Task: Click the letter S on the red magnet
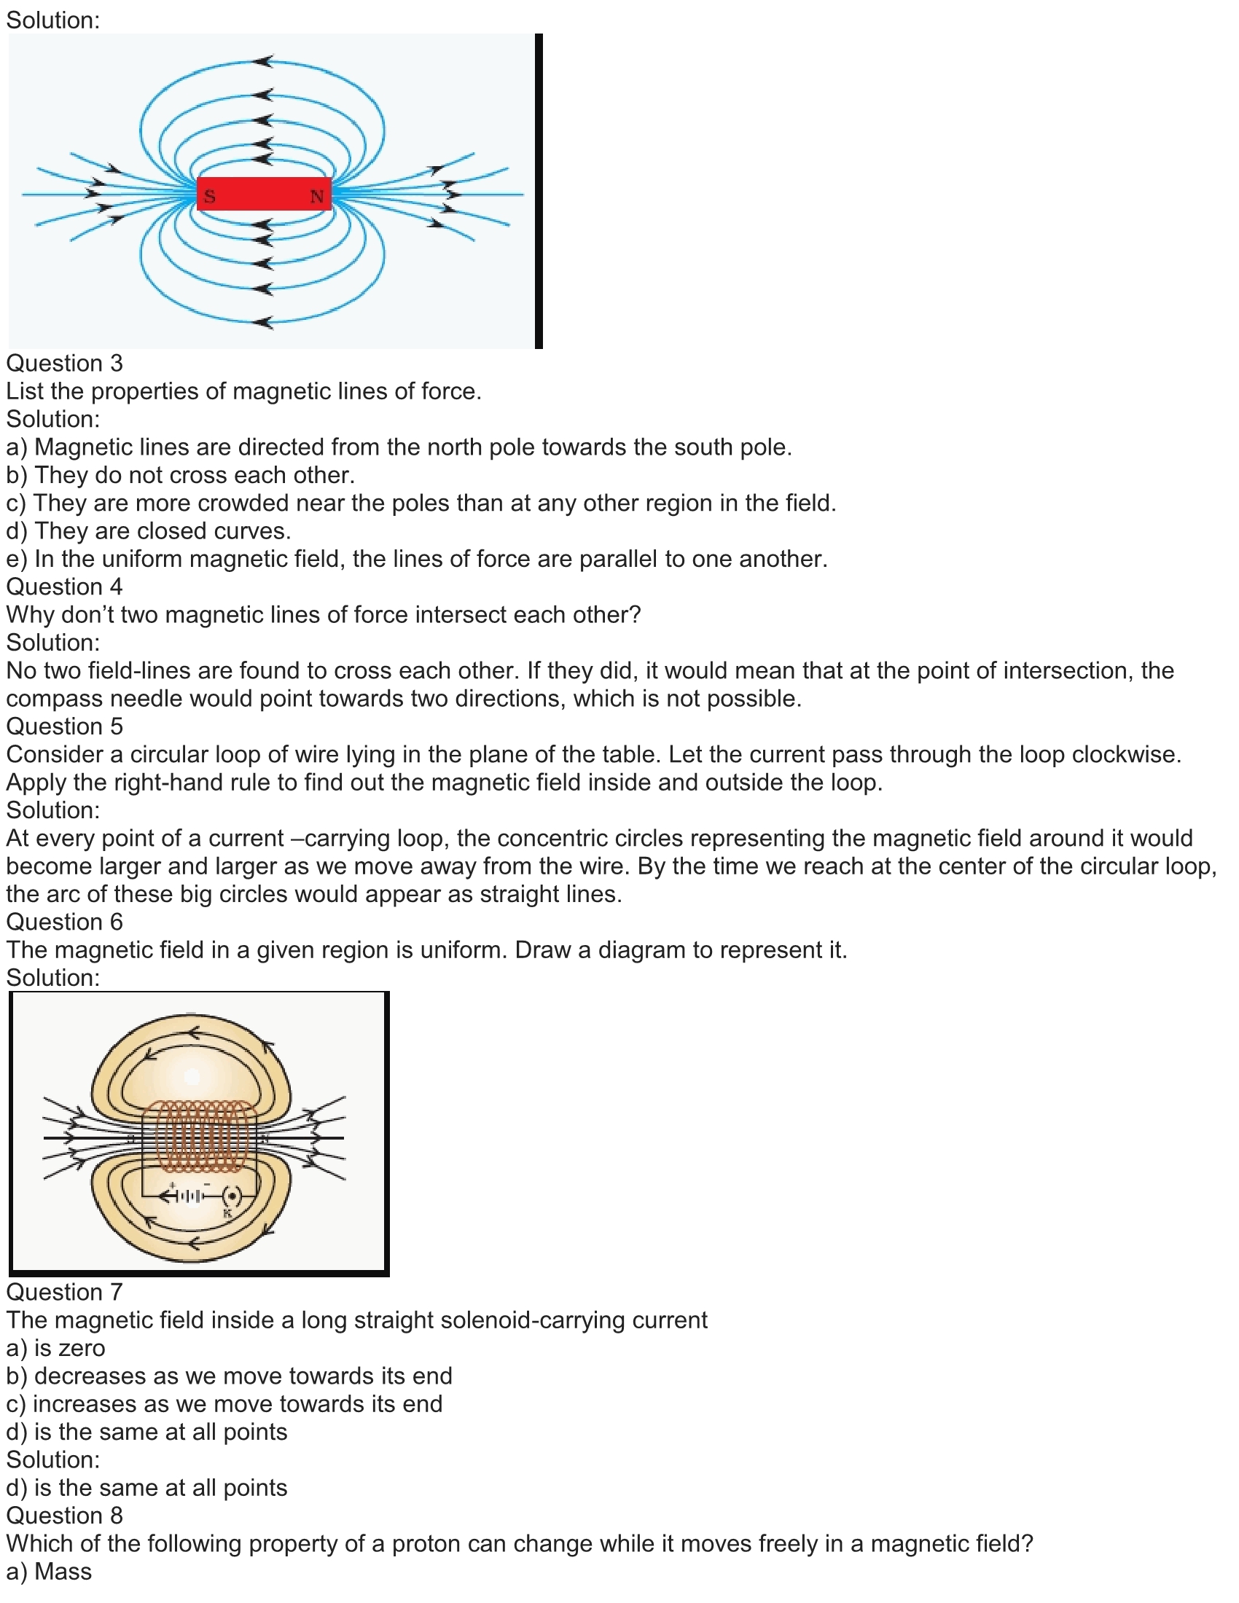point(209,196)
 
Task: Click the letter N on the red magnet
point(316,196)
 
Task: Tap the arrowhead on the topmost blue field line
point(264,61)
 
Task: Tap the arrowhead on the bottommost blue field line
point(264,321)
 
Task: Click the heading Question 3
point(65,364)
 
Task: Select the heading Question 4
point(65,587)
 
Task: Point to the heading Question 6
point(65,922)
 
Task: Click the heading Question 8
point(65,1516)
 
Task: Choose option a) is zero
point(56,1348)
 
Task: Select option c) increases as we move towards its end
point(224,1404)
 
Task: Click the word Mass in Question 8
point(63,1572)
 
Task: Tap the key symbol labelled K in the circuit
point(232,1196)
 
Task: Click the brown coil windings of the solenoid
point(198,1136)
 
